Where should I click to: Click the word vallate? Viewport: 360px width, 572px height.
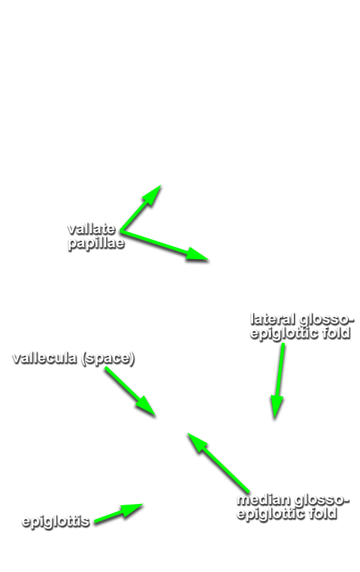tap(92, 229)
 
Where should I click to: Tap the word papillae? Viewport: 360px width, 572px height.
tap(97, 243)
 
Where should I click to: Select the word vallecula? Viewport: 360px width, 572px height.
tap(45, 358)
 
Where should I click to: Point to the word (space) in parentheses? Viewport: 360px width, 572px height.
tap(108, 358)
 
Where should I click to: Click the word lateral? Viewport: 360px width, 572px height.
tap(273, 319)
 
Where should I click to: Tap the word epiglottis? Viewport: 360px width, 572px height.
tap(56, 521)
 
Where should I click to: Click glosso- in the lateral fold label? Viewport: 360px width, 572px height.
tap(326, 320)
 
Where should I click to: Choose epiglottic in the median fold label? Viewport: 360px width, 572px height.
tap(272, 514)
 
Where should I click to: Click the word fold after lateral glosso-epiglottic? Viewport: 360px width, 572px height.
tap(337, 332)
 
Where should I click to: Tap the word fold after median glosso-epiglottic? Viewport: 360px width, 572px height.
tap(324, 514)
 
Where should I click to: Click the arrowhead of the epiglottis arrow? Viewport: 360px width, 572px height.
tap(137, 507)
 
